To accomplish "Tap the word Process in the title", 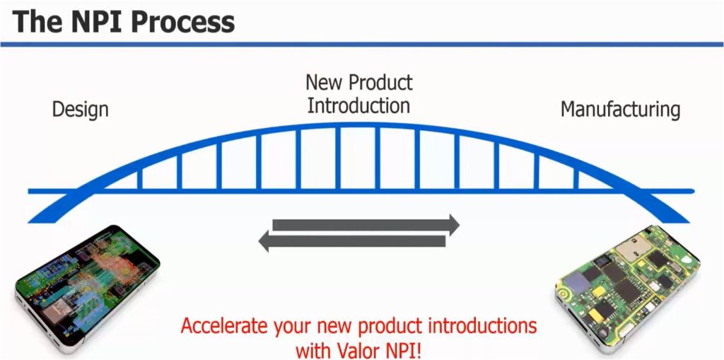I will pyautogui.click(x=184, y=22).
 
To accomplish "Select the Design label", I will pyautogui.click(x=81, y=110).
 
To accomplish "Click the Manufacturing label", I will pyautogui.click(x=620, y=110).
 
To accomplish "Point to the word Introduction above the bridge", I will pyautogui.click(x=358, y=106).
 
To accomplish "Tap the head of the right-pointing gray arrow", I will pyautogui.click(x=452, y=225).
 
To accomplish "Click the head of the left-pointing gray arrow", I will pyautogui.click(x=265, y=242).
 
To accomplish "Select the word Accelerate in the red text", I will pyautogui.click(x=222, y=327).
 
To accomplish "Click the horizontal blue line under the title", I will pyautogui.click(x=362, y=45).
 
